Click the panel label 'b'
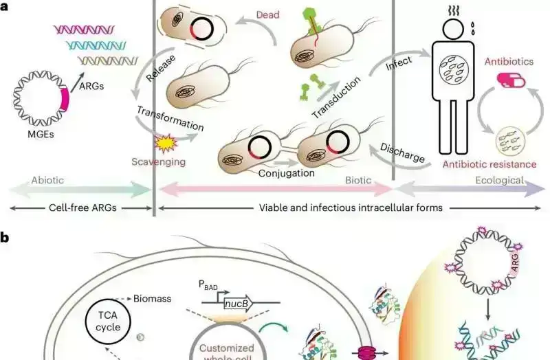5,238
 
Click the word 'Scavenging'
155,162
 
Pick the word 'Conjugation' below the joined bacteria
287,173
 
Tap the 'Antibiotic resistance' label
489,164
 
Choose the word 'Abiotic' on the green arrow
49,181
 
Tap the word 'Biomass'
154,300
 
